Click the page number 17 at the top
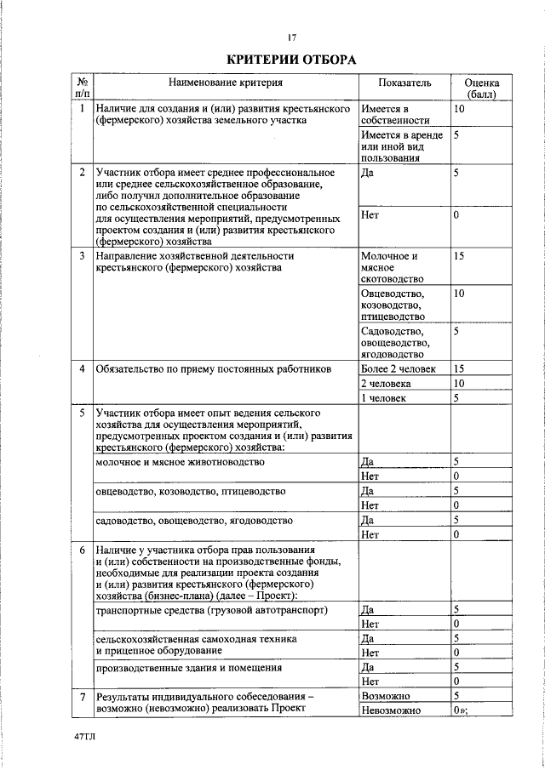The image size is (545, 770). coord(291,37)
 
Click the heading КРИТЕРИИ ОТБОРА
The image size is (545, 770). coord(291,60)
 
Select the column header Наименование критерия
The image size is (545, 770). coord(225,83)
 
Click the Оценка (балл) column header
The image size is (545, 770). coord(481,88)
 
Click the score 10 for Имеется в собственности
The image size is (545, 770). coord(459,109)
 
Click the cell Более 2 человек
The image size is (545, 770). coord(398,369)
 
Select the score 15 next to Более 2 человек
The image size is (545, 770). coord(459,369)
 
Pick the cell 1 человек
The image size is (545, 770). coord(384,397)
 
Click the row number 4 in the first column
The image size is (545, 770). coord(82,369)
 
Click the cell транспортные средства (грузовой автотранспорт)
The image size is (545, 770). coord(211,610)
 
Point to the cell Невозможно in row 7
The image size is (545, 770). coord(391,710)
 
